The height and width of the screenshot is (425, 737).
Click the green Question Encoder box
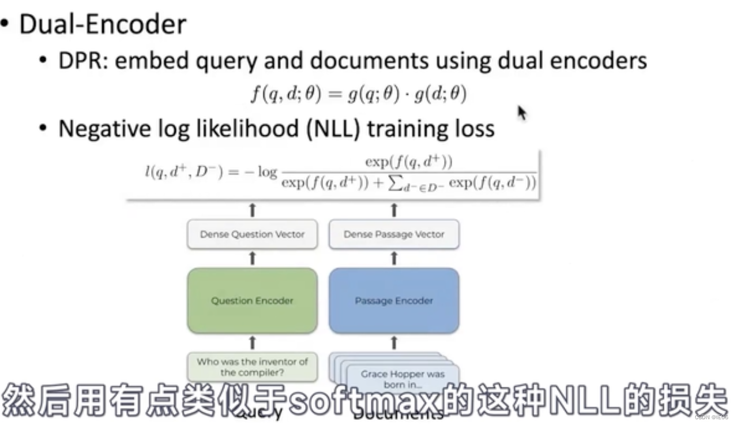252,300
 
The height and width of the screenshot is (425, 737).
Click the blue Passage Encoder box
394,300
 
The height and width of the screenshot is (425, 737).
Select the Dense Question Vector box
252,234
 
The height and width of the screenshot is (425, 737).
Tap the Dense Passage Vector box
394,234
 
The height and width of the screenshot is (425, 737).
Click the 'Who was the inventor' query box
252,367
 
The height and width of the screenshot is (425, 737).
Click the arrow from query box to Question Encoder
252,342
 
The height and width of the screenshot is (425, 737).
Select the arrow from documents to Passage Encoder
394,342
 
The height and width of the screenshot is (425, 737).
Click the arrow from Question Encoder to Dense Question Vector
252,258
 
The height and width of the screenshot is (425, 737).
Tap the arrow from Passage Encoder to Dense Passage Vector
394,258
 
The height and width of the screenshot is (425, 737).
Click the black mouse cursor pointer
521,113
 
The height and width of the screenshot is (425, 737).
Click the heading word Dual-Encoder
103,25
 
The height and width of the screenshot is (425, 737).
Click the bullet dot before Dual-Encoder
5,25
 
